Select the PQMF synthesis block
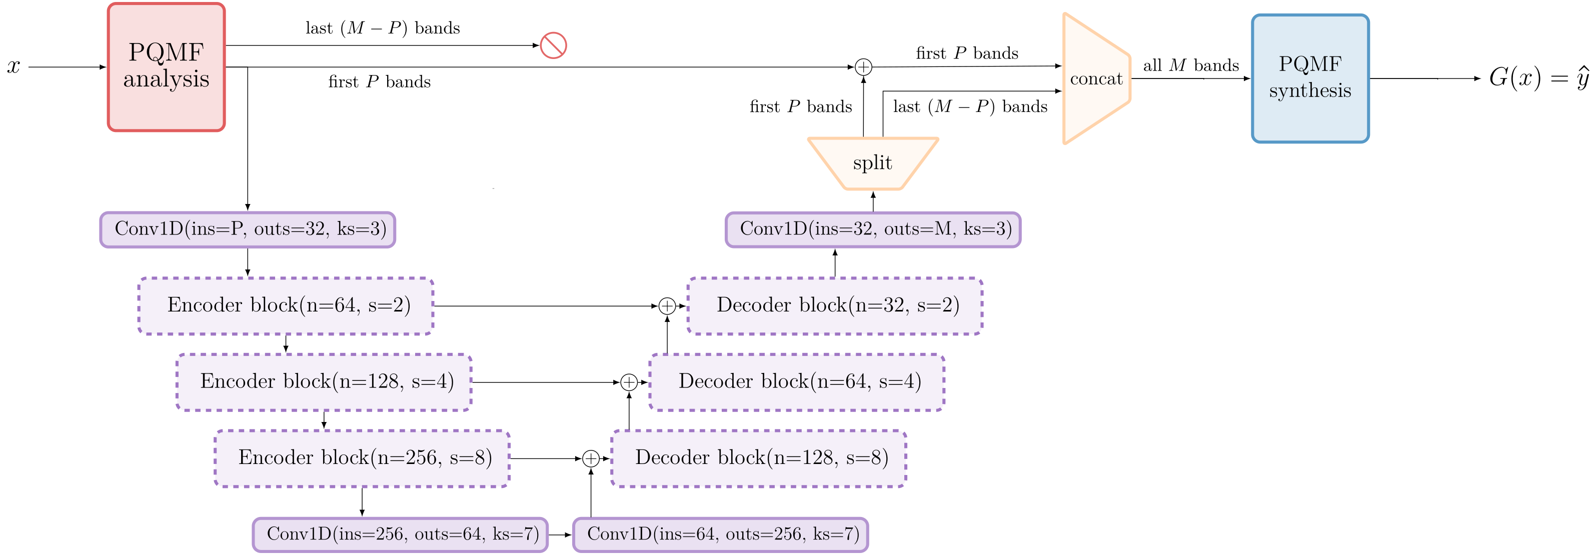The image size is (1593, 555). [x=1310, y=78]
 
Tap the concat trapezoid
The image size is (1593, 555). [x=1096, y=79]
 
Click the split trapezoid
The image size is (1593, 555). [x=873, y=163]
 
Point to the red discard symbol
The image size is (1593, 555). [x=553, y=45]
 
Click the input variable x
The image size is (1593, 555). [x=14, y=66]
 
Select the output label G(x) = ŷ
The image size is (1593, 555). [x=1538, y=78]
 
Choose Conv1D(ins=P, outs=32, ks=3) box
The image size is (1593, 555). [x=248, y=229]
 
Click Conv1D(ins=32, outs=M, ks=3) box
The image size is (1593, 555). [x=873, y=229]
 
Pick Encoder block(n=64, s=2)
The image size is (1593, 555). [x=286, y=306]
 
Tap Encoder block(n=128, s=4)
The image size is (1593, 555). [x=324, y=382]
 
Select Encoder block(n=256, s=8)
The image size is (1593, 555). [x=363, y=458]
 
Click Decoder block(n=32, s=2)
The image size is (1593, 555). [x=835, y=306]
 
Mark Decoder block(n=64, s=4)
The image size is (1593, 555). [x=796, y=382]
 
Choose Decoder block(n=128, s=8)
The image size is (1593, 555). [x=759, y=458]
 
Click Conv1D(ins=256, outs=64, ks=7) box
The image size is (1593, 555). [x=400, y=534]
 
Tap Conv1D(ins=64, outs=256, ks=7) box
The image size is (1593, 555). [x=720, y=534]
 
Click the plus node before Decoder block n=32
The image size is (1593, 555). [x=667, y=306]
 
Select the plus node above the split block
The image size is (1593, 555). [x=863, y=66]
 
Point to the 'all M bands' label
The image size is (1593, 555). [x=1191, y=65]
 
